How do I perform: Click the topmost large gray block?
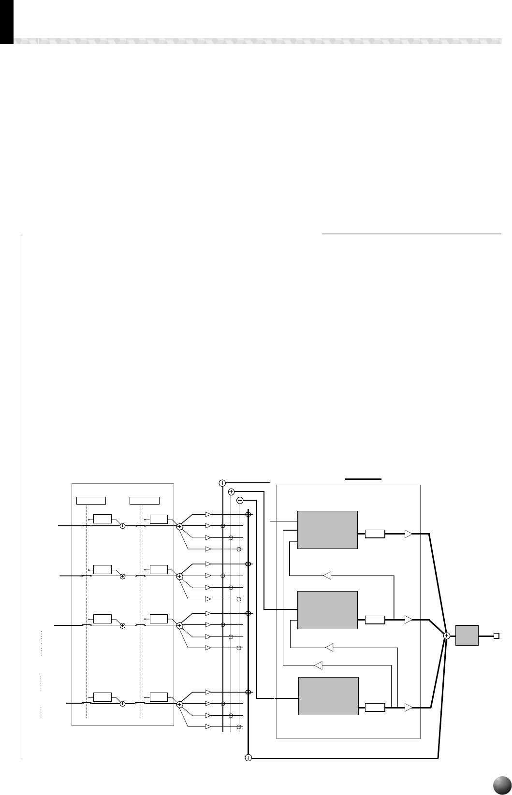pyautogui.click(x=327, y=530)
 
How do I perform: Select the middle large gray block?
pyautogui.click(x=327, y=609)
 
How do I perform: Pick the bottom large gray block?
pyautogui.click(x=328, y=696)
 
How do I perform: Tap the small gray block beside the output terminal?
pyautogui.click(x=467, y=635)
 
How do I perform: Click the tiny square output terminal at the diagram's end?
pyautogui.click(x=496, y=636)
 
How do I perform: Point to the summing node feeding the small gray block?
pyautogui.click(x=447, y=636)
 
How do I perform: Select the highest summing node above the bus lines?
pyautogui.click(x=222, y=483)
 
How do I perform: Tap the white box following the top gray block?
pyautogui.click(x=375, y=534)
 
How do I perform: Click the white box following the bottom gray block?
pyautogui.click(x=375, y=708)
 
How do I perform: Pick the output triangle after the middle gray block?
pyautogui.click(x=409, y=620)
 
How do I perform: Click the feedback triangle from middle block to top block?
pyautogui.click(x=327, y=575)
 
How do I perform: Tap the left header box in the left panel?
pyautogui.click(x=91, y=500)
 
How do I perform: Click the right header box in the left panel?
pyautogui.click(x=145, y=500)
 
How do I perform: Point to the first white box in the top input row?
pyautogui.click(x=102, y=519)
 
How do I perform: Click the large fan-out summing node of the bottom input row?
pyautogui.click(x=179, y=705)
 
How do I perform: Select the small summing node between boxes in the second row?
pyautogui.click(x=122, y=576)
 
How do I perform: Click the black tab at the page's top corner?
pyautogui.click(x=6, y=22)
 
